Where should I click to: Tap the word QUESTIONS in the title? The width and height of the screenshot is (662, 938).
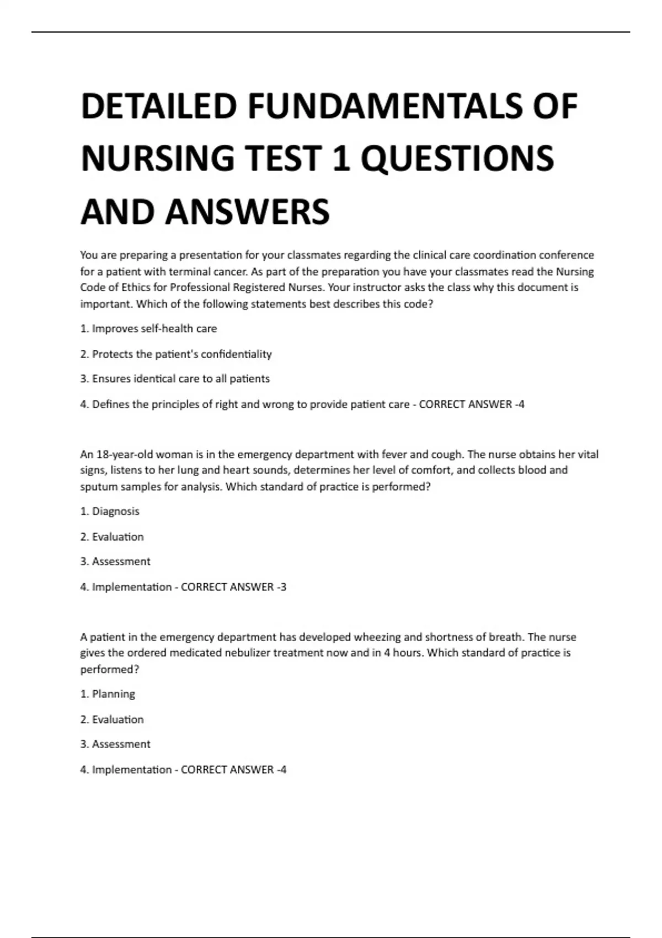[x=457, y=159]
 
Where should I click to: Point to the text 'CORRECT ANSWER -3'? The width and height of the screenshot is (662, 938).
[x=234, y=587]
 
